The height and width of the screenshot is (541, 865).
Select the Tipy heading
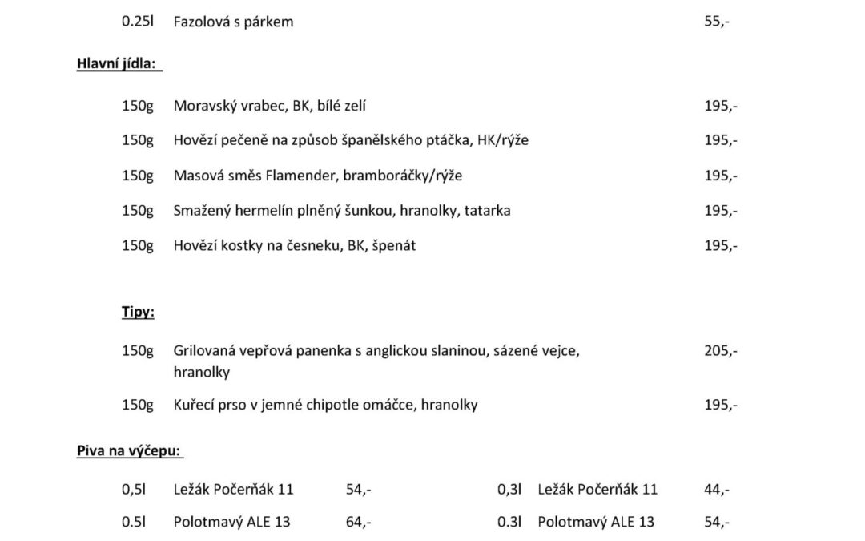[138, 313]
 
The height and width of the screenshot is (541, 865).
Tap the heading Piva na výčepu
[129, 451]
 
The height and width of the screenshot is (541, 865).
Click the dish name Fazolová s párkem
[233, 22]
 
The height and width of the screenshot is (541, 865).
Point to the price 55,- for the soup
[716, 22]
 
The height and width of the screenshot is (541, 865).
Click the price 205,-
[721, 351]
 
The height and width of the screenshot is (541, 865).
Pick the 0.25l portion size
[137, 22]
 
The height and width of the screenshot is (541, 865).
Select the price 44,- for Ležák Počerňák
[716, 490]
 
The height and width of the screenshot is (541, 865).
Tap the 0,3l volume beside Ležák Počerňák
[509, 490]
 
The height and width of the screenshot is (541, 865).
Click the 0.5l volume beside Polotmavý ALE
[133, 523]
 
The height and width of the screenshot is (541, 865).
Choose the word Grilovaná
[204, 351]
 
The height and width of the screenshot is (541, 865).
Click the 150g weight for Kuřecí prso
[137, 406]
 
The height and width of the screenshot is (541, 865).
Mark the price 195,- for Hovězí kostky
[721, 246]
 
